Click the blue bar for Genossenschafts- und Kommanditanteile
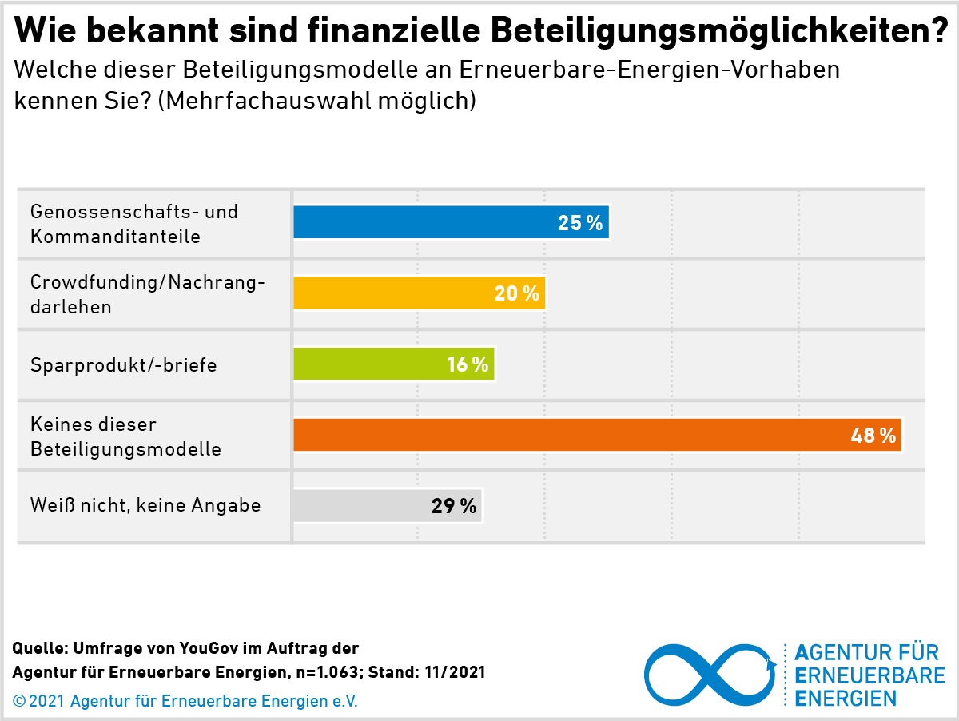(424, 223)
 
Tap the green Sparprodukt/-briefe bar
(368, 364)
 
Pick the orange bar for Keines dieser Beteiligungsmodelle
(559, 435)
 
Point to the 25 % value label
(580, 223)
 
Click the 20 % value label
(516, 293)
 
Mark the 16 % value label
(468, 364)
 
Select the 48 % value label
(873, 436)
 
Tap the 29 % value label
(454, 506)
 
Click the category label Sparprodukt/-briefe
(124, 365)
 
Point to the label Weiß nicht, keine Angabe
(145, 505)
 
